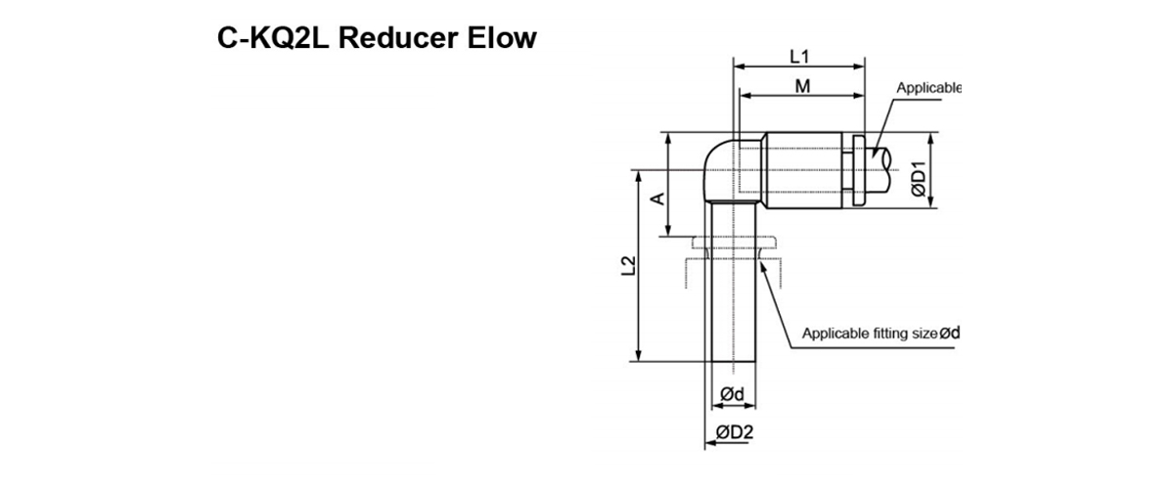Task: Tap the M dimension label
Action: click(x=802, y=86)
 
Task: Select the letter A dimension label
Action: click(x=658, y=199)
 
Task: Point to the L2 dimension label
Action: click(x=629, y=266)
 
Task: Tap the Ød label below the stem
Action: click(x=733, y=394)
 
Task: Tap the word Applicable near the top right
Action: click(x=929, y=88)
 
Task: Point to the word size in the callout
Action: click(x=924, y=333)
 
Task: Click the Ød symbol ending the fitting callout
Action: click(x=950, y=333)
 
